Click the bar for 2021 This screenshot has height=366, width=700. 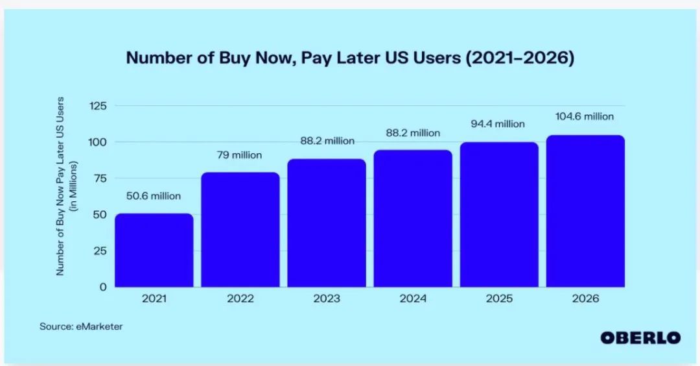(154, 250)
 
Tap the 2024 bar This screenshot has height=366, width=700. (413, 218)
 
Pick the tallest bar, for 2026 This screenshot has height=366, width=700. (585, 211)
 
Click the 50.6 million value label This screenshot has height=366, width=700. (154, 196)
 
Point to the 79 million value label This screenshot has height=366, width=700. (240, 155)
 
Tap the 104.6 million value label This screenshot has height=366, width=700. (585, 117)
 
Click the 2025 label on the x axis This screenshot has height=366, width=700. (499, 299)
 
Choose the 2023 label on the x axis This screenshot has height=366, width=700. (326, 299)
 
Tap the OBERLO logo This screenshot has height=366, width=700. (640, 337)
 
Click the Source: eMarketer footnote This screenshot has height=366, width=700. (81, 326)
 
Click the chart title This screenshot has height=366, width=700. (350, 58)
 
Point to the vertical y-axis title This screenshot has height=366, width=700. (67, 186)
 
